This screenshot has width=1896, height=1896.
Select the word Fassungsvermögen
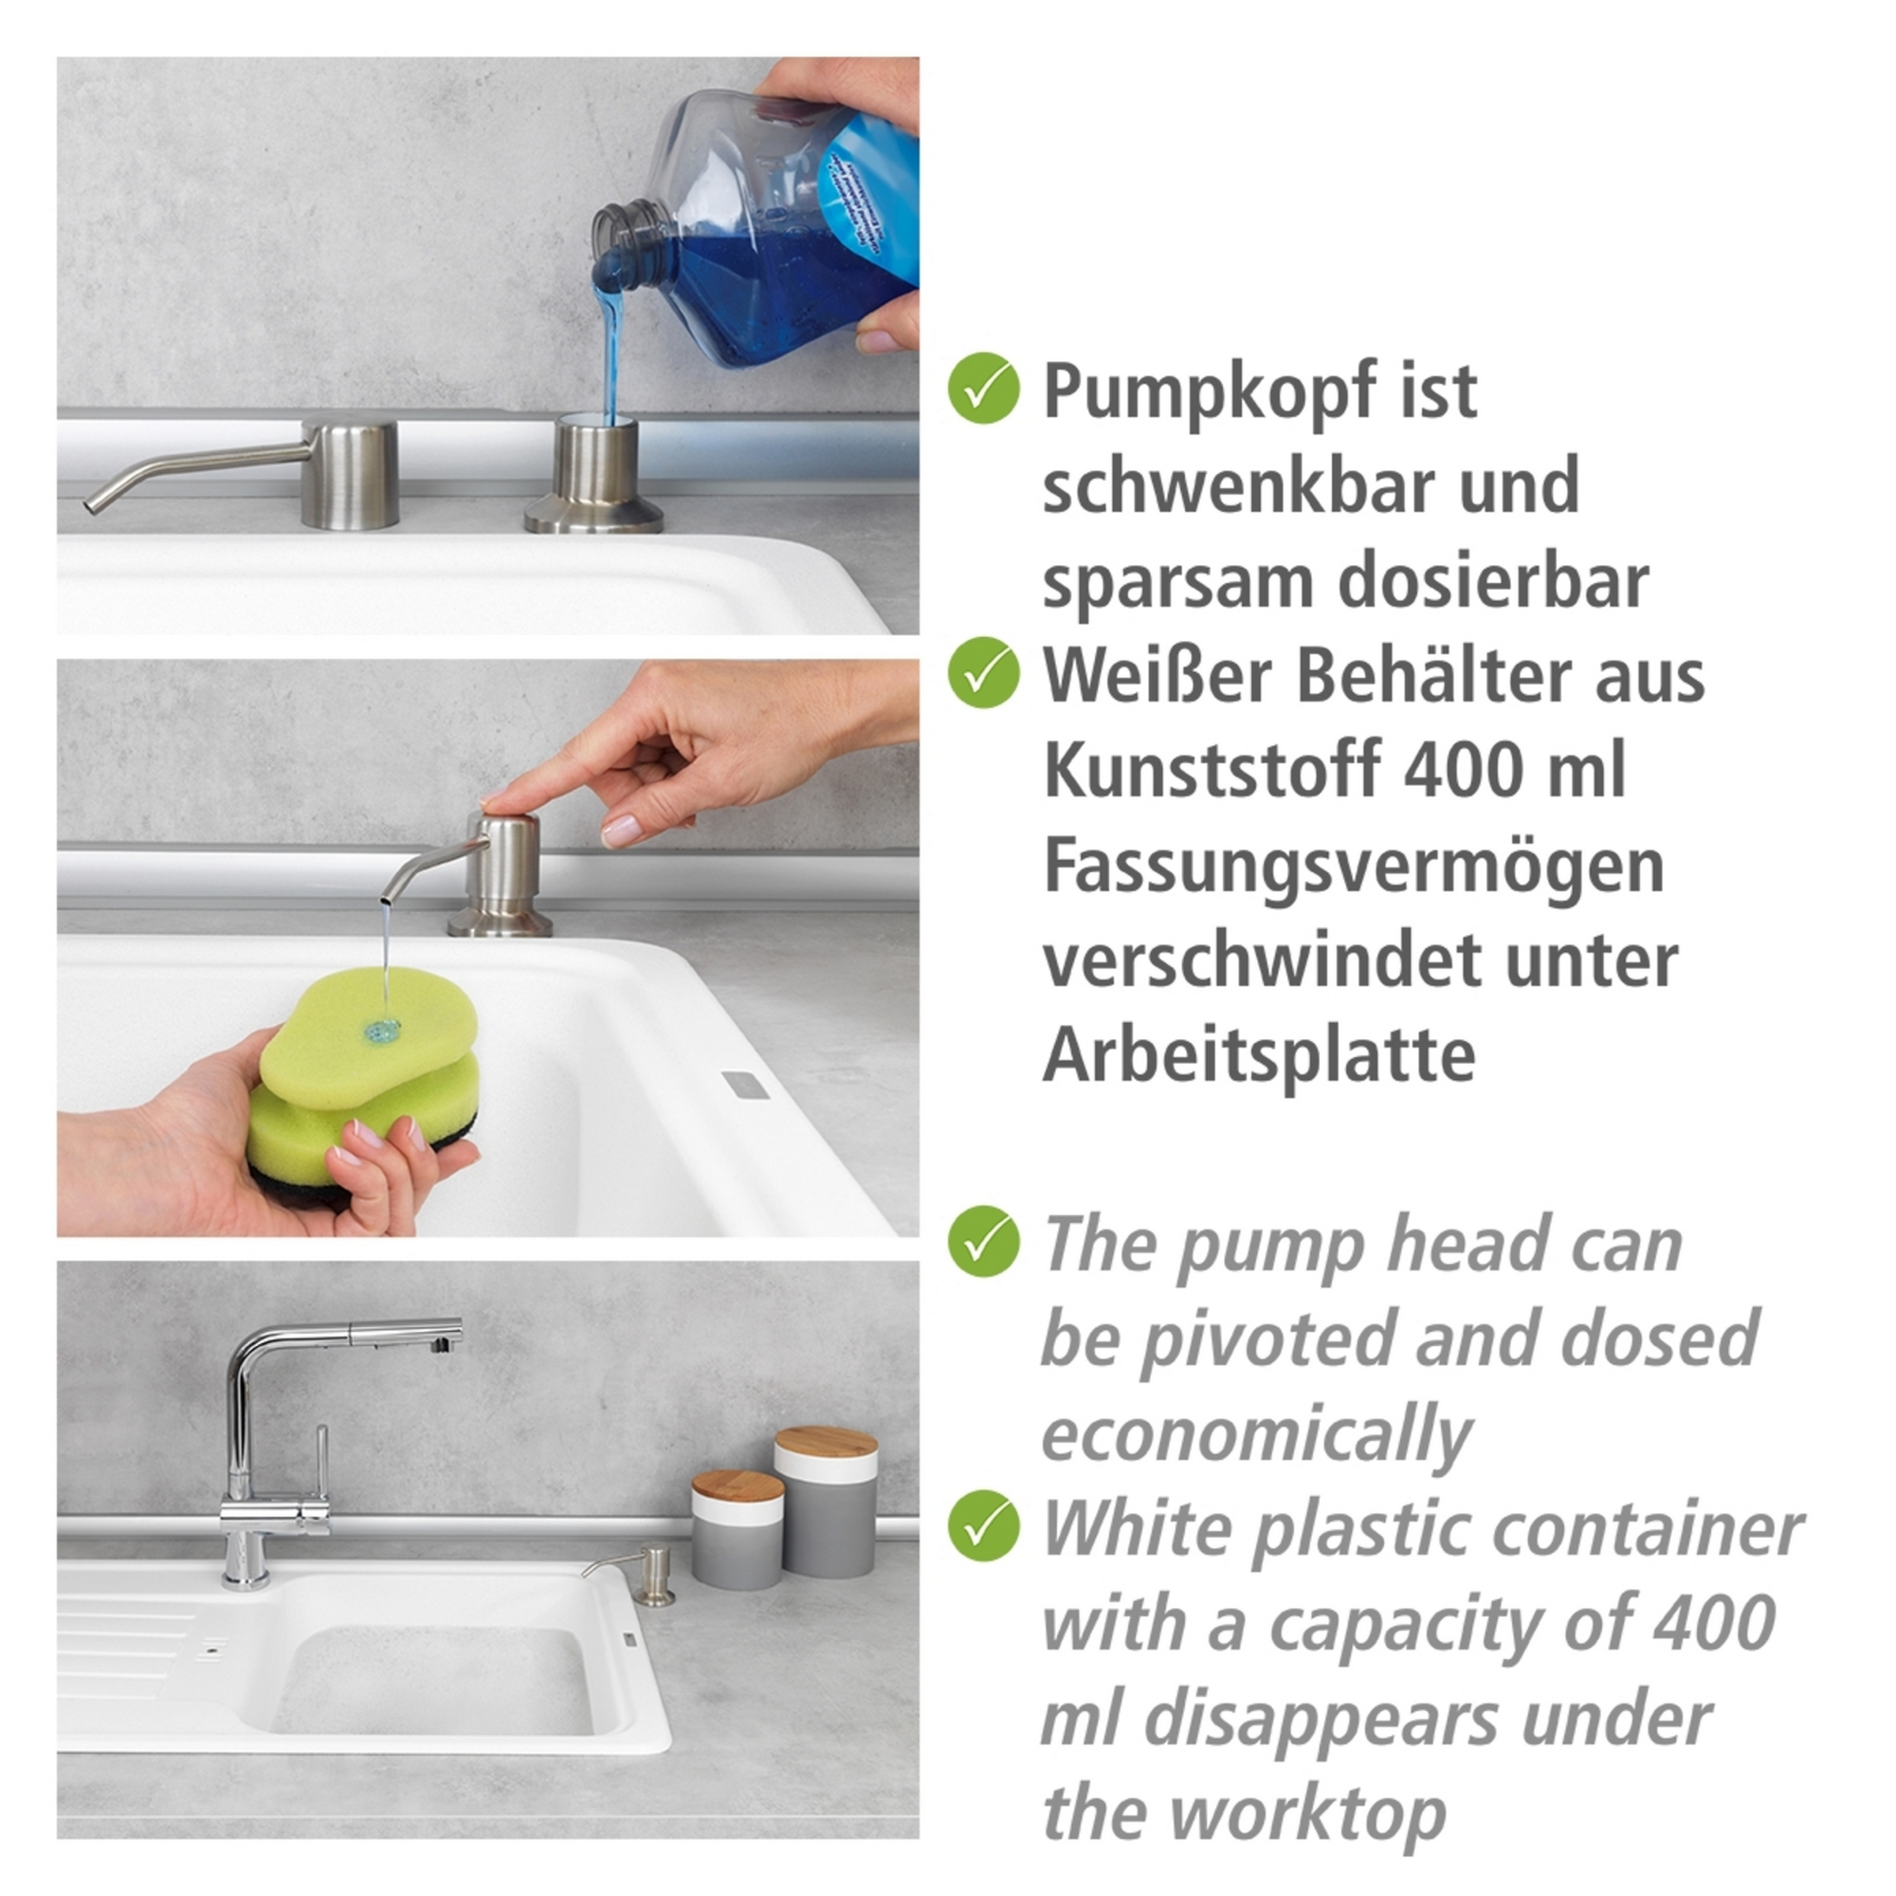(x=1353, y=867)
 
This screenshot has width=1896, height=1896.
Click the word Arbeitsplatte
(x=1258, y=1056)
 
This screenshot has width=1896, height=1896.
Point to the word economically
(x=1255, y=1434)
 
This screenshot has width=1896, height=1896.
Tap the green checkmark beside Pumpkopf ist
(x=983, y=389)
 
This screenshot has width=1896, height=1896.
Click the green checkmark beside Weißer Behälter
(x=983, y=673)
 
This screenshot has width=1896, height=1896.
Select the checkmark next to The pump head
(x=983, y=1242)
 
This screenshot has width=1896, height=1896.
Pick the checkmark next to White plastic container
(x=983, y=1525)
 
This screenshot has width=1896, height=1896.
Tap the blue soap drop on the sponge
(x=381, y=1030)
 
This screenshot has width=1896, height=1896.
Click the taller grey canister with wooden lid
(x=826, y=1505)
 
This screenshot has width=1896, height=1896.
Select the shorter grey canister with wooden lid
(x=736, y=1531)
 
